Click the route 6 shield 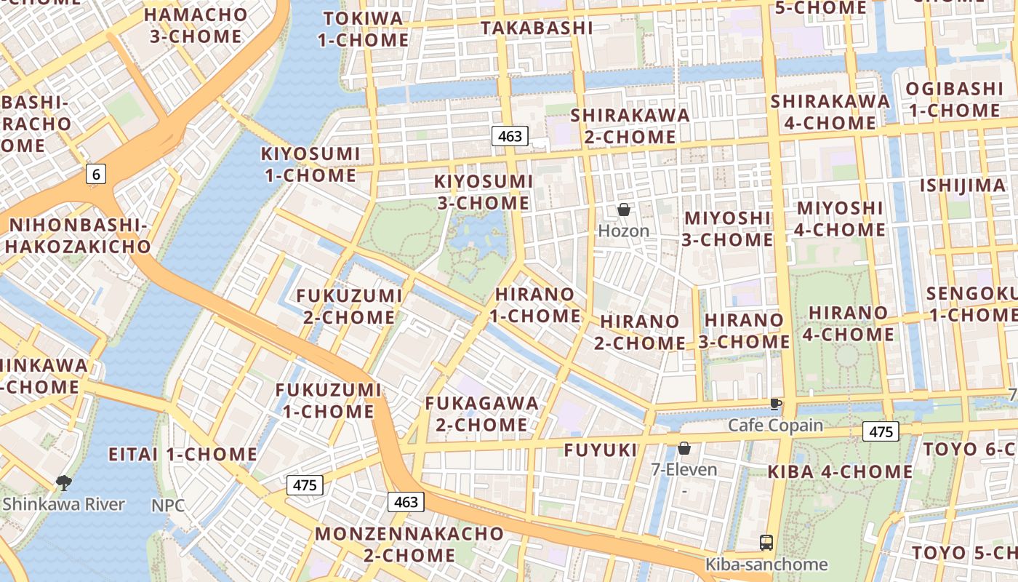point(96,174)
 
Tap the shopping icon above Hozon point(623,210)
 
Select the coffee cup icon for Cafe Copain point(775,404)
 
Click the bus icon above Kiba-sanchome point(766,542)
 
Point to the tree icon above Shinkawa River point(64,482)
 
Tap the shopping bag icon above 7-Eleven point(684,448)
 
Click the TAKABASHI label point(537,28)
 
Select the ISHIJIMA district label point(963,186)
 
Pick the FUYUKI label point(601,450)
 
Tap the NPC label point(168,505)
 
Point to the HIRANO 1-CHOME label point(537,306)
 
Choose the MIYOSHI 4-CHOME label point(841,219)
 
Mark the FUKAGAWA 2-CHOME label point(482,413)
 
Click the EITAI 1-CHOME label point(183,455)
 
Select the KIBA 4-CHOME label point(840,471)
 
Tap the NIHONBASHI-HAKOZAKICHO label point(79,236)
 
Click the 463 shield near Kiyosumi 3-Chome point(510,136)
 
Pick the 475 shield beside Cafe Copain point(881,431)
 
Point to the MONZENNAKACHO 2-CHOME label point(409,544)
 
